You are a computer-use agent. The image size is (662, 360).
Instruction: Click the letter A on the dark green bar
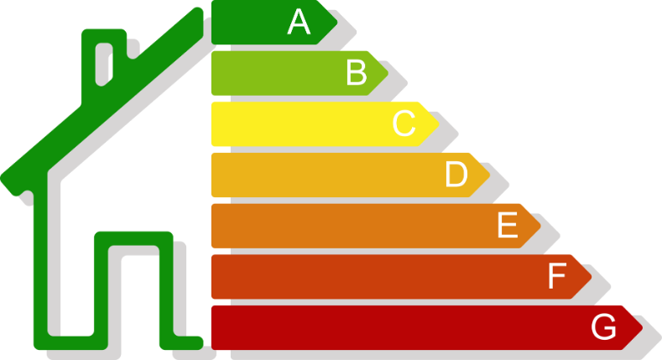299,22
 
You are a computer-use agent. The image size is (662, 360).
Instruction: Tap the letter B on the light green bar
357,73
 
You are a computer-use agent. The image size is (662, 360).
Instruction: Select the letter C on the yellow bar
404,124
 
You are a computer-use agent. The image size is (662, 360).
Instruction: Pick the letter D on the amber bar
456,175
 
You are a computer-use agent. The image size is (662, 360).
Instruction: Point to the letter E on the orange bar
507,226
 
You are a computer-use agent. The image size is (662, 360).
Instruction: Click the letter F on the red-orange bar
557,276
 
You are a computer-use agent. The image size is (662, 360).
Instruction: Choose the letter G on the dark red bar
604,327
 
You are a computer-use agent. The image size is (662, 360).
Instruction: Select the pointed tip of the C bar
440,124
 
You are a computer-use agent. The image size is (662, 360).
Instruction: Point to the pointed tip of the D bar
492,175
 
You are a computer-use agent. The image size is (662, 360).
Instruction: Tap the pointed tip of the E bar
542,226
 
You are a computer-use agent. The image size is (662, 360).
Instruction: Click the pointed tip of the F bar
593,276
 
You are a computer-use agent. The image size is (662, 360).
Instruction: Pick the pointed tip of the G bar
644,327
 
